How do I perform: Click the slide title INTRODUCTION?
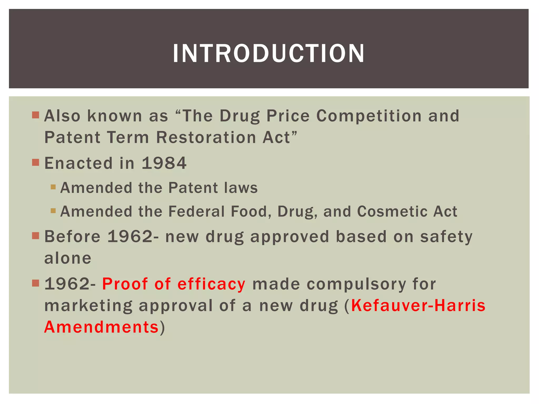[268, 53]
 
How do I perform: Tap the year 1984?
[164, 163]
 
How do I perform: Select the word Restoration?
[206, 137]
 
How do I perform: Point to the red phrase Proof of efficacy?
[174, 284]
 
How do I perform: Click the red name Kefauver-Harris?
[418, 306]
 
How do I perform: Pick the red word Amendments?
[101, 327]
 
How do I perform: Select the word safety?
[446, 237]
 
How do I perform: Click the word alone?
[68, 258]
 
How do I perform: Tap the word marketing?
[88, 306]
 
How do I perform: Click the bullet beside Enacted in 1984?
[36, 163]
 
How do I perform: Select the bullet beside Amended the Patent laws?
[53, 187]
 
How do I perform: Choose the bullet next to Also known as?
[36, 115]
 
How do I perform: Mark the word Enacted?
[78, 163]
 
